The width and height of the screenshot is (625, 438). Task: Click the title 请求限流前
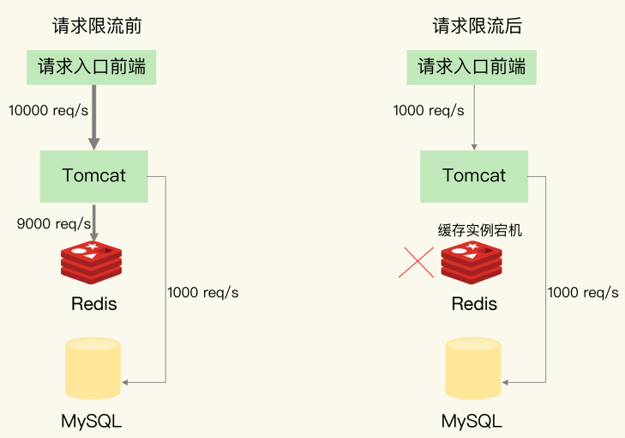coord(97,26)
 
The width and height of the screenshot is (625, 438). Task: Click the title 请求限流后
coord(478,26)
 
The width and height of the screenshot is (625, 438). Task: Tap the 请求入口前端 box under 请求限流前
coord(91,67)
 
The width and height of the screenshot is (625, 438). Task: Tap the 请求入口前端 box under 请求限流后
coord(472,67)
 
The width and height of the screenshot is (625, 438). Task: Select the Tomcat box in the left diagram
coord(94,176)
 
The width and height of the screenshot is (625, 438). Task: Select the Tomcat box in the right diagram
coord(474,176)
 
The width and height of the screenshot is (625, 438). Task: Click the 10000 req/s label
coord(48,111)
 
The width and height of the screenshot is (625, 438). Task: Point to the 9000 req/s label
coord(54,223)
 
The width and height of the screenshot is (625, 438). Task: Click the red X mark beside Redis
coord(416,262)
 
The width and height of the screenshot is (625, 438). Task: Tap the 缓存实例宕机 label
coord(480,230)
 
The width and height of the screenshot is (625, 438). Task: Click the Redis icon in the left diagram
coord(91,262)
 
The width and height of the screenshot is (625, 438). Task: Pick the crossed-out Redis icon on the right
coord(472,262)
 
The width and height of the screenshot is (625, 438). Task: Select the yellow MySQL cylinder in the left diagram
coord(93,368)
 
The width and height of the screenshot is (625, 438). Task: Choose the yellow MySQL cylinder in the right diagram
coord(473,368)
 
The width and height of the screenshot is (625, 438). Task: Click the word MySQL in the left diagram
coord(91,421)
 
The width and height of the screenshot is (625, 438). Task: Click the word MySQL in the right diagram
coord(472,421)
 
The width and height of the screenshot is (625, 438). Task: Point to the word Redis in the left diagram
coord(94,304)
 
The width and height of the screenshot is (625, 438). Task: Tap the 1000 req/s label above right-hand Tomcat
coord(429,111)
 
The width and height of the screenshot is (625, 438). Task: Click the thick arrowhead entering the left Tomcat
coord(94,143)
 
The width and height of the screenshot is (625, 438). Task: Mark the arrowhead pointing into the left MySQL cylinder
coord(125,382)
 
